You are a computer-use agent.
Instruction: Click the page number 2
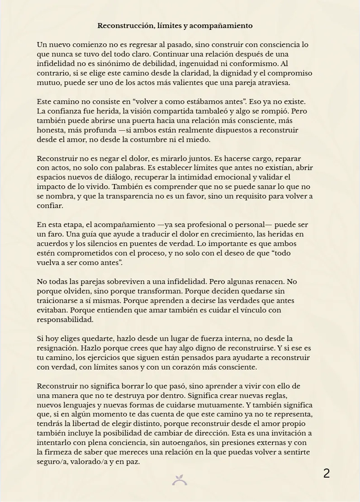click(x=327, y=474)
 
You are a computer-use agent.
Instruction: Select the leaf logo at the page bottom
click(x=180, y=480)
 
